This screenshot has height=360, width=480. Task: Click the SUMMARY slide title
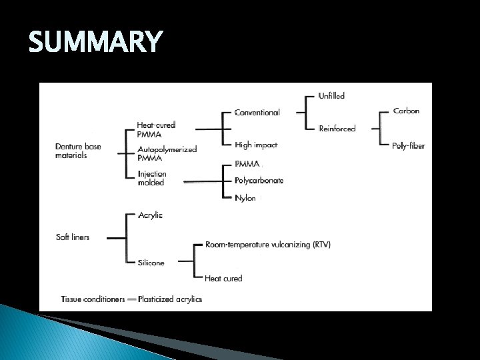[95, 42]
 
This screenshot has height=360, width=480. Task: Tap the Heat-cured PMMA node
[156, 129]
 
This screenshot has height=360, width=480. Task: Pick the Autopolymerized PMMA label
[167, 153]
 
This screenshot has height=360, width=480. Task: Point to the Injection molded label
[152, 178]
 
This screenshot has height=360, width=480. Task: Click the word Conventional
[257, 113]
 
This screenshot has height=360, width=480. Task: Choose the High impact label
[255, 145]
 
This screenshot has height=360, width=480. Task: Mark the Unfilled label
[331, 96]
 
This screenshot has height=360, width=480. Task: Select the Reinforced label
[337, 128]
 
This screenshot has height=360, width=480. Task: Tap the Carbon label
[407, 111]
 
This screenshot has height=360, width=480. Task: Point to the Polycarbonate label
[259, 181]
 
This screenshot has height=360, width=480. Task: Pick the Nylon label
[245, 198]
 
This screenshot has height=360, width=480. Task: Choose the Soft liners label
[73, 237]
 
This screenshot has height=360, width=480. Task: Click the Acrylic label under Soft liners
[150, 215]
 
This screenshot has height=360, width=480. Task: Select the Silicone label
[151, 263]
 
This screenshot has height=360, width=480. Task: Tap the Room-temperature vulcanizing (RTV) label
[267, 245]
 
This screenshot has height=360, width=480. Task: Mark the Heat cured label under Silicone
[223, 278]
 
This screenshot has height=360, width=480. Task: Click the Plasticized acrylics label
[170, 299]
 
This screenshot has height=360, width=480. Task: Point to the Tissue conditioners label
[93, 299]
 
